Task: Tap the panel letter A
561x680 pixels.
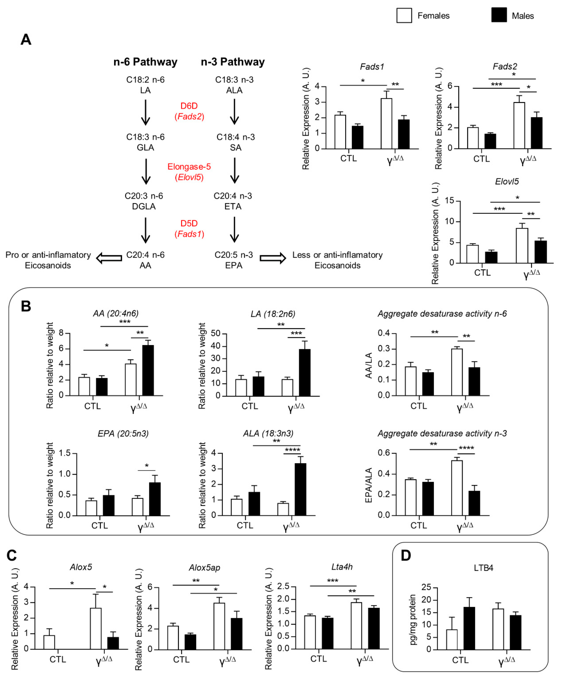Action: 26,39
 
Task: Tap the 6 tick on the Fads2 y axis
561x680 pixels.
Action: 450,86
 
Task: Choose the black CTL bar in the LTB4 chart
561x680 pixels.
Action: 469,628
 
